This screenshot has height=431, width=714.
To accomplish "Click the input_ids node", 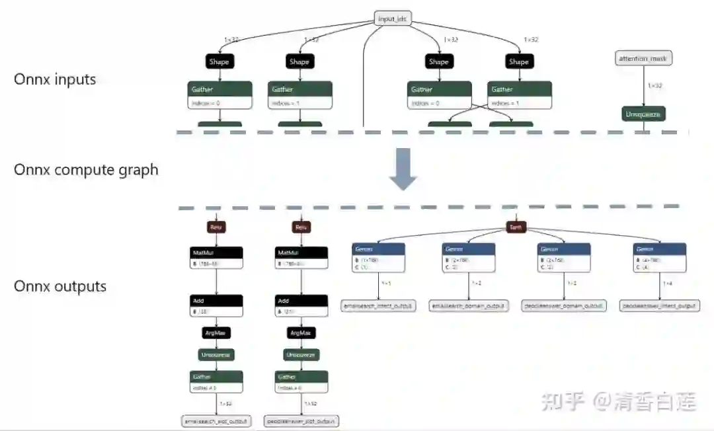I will pos(392,19).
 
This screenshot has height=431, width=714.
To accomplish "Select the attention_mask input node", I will pos(643,59).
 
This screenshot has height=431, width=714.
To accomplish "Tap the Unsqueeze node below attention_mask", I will pos(643,114).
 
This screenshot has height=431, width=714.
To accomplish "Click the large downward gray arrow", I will pos(403,169).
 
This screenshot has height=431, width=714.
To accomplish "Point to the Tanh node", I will pos(515,227).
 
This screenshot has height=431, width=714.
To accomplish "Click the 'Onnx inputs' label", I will pos(55,79).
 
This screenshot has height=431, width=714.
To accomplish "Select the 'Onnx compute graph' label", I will pos(86,169).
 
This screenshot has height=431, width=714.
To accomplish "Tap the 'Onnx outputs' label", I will pos(60,286).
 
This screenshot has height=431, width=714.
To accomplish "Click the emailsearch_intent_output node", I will pos(378,306).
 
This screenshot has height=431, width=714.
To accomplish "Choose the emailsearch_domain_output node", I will pos(469,306).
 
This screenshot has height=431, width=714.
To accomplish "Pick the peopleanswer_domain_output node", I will pos(564,306).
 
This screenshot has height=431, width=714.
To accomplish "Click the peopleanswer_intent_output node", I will pos(658,306).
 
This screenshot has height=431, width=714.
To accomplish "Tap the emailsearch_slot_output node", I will pos(217,420).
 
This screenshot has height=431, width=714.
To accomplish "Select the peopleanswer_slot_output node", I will pos(301,420).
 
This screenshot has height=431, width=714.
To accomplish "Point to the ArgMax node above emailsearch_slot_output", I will pos(216,333).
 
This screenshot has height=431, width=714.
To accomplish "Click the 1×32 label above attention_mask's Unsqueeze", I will pos(654,85).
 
